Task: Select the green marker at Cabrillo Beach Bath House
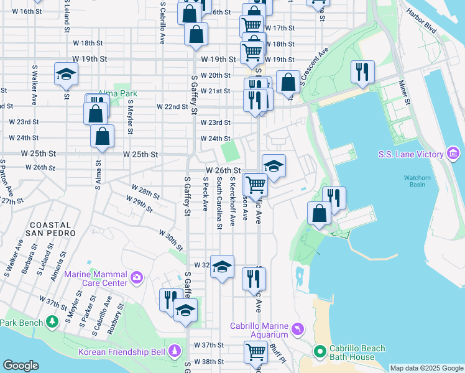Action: (320, 352)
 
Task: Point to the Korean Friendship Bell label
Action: (121, 352)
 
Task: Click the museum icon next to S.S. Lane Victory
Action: (452, 154)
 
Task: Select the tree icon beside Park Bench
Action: (53, 322)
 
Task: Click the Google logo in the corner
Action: (21, 366)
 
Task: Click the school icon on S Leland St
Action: (65, 75)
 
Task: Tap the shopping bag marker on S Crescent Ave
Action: (288, 81)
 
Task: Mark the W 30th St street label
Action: (170, 240)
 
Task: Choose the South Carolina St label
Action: (219, 203)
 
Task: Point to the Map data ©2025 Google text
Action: (426, 368)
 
